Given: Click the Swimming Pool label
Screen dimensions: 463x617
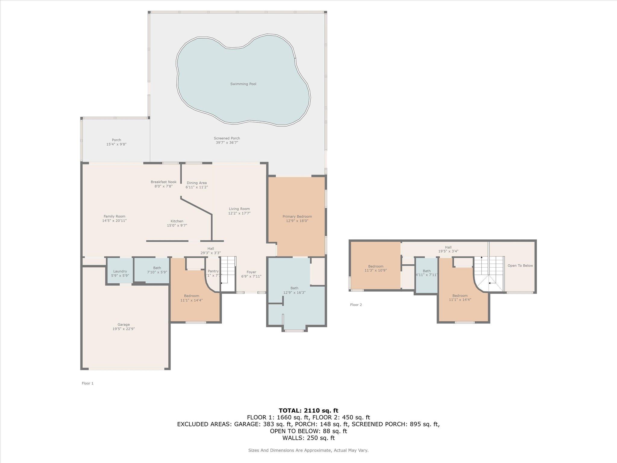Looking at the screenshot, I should [243, 84].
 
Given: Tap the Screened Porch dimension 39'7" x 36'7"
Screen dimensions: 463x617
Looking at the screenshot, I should [227, 143].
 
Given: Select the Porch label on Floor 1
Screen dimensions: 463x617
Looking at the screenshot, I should [116, 140].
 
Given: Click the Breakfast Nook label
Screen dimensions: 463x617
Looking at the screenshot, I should [164, 182].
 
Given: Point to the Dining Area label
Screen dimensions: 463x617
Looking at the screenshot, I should [196, 183].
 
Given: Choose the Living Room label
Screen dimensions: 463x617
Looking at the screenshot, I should [239, 209].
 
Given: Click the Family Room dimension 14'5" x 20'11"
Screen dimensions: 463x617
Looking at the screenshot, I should [114, 221].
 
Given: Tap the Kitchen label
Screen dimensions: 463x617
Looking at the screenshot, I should [177, 221].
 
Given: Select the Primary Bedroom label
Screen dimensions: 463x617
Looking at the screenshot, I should [297, 216].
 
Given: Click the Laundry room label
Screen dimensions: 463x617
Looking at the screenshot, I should [120, 271].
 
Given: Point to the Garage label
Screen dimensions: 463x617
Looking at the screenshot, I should [124, 325].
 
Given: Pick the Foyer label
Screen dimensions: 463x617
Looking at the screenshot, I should [251, 272].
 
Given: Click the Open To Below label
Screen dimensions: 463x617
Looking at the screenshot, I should [520, 266].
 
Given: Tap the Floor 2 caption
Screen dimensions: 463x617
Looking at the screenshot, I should [356, 305].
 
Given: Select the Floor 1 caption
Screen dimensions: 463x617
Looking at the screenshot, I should [88, 383].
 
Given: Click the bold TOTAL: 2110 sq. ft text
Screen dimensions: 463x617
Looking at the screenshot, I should [308, 411].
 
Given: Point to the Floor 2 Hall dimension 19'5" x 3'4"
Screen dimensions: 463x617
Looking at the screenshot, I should [448, 251].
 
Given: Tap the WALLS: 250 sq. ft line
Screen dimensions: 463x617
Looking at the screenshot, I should [308, 438].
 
